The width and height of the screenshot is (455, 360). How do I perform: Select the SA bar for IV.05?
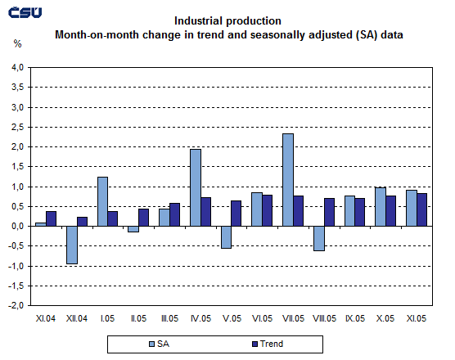point(196,187)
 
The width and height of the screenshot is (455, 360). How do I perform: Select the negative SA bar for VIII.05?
point(319,238)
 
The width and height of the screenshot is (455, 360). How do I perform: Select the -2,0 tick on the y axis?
point(16,306)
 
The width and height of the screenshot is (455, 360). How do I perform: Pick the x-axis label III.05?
point(169,318)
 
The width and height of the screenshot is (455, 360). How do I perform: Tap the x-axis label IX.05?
point(355,318)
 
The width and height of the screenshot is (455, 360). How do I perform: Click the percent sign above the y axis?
point(17,43)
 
